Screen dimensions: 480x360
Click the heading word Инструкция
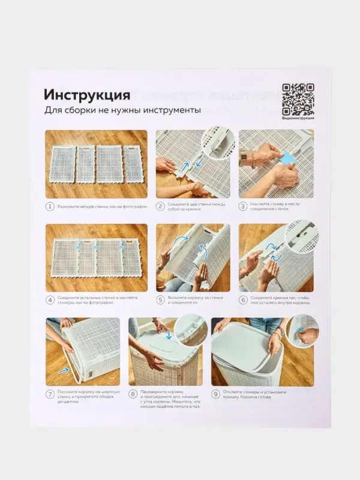86,95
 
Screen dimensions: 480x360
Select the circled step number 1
50,206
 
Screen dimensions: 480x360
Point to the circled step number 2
161,206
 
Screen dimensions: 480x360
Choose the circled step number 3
243,206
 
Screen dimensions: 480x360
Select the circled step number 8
133,394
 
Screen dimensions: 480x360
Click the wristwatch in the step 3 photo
244,160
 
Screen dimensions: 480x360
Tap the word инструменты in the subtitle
171,111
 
